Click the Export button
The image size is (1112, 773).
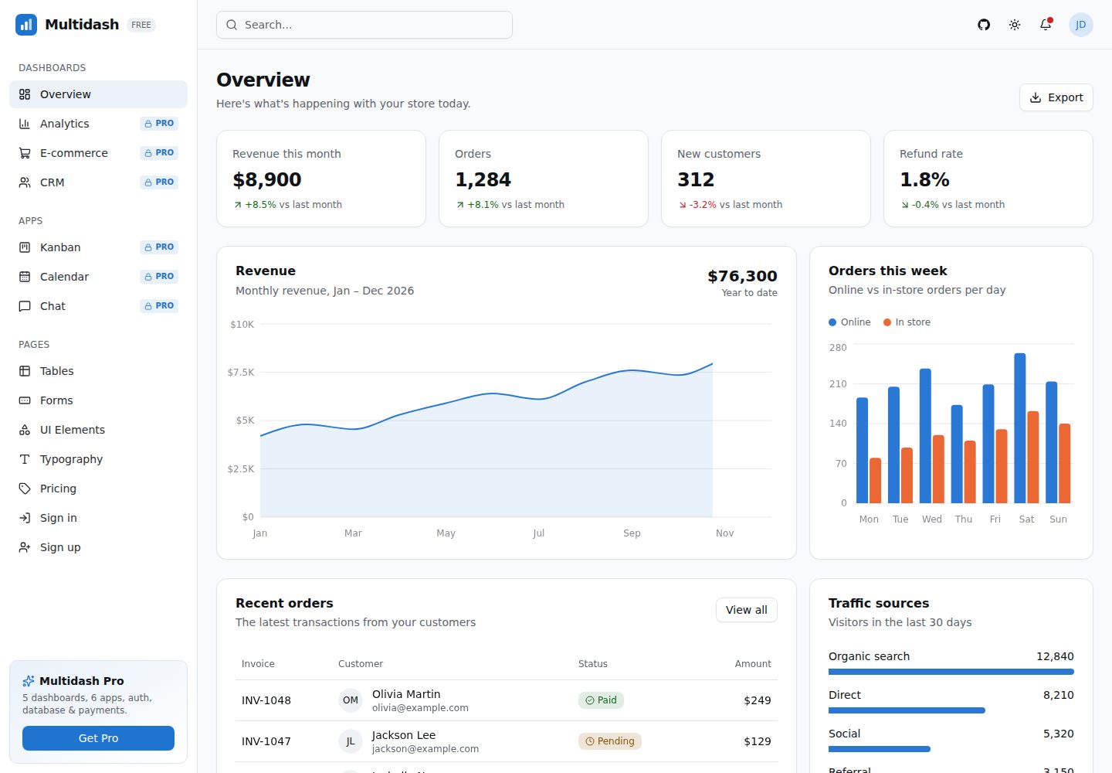[x=1056, y=97]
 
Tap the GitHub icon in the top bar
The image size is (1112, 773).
[x=984, y=25]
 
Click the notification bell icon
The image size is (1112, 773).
[x=1046, y=24]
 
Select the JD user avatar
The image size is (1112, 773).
[x=1080, y=25]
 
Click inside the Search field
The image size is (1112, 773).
[x=364, y=25]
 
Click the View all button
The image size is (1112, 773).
[x=746, y=610]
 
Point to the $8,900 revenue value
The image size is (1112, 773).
[x=267, y=179]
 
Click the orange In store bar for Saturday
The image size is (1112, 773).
[x=1032, y=457]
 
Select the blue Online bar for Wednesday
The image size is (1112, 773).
[x=925, y=436]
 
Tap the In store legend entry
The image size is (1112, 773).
[x=907, y=322]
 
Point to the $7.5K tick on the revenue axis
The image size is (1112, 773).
[x=241, y=372]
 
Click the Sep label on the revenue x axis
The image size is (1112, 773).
[x=632, y=533]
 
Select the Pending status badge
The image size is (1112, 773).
[x=609, y=741]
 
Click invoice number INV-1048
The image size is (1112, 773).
[x=266, y=700]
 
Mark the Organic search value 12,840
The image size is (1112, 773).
[x=1055, y=656]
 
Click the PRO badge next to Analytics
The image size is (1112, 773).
[x=159, y=123]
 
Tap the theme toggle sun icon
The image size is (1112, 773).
[x=1014, y=25]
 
